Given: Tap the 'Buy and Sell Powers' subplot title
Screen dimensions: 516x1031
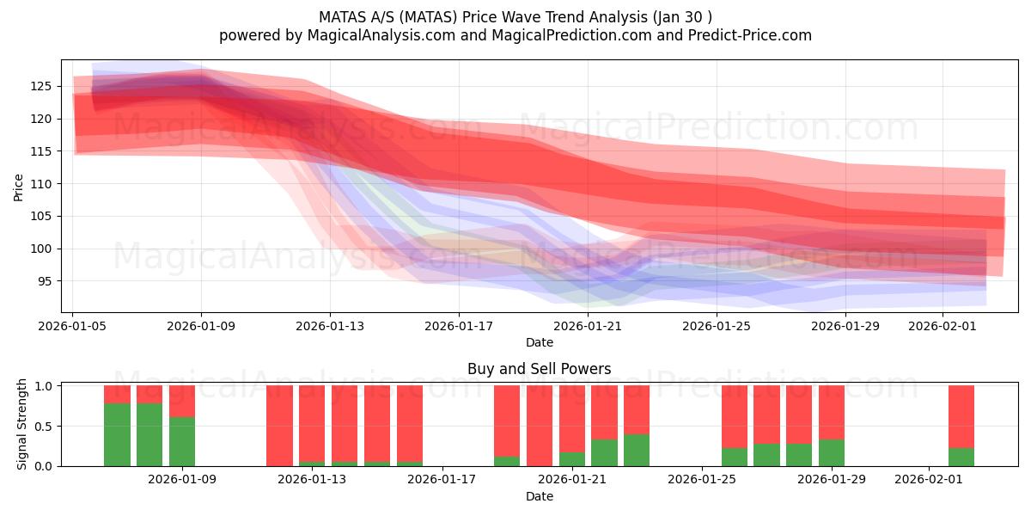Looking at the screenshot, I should coord(539,369).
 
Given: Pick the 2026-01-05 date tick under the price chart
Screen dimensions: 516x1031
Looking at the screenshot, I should coord(73,326).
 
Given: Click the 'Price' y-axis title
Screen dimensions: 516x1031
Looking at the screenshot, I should coord(19,186).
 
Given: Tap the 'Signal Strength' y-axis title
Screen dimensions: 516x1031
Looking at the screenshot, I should coord(23,424).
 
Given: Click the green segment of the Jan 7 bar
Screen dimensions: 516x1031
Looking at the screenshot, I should coord(117,434).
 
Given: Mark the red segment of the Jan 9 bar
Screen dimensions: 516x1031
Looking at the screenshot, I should coord(182,401).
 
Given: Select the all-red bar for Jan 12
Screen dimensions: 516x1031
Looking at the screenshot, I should coord(279,426).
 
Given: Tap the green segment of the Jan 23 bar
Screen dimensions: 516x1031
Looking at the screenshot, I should coord(637,450).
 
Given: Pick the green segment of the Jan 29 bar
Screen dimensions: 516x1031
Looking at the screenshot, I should coord(832,452).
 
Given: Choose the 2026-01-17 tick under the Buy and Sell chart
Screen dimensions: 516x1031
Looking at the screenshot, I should coord(442,480).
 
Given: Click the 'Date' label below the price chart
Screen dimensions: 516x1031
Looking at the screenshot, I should coord(539,342).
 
